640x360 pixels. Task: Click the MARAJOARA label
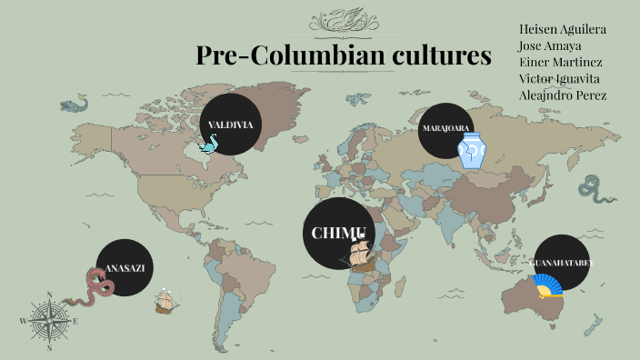click(x=445, y=128)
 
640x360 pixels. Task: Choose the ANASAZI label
click(x=125, y=268)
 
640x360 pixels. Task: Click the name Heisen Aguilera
click(x=563, y=29)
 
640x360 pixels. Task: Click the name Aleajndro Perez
click(x=563, y=95)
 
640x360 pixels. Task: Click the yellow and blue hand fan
click(x=547, y=286)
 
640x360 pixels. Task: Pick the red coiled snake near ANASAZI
click(x=98, y=287)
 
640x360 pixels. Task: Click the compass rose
click(x=48, y=321)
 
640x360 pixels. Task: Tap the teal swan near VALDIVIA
click(x=211, y=143)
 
